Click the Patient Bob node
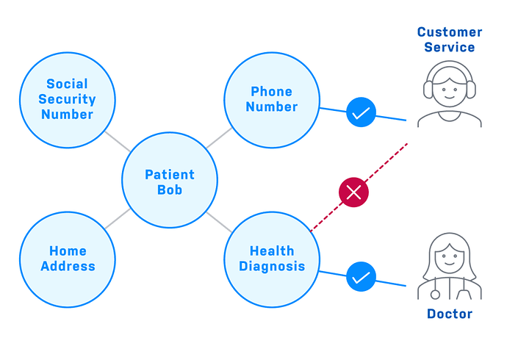coord(169,181)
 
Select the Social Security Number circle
coord(67,99)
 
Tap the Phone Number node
coord(271,99)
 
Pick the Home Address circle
coord(67,259)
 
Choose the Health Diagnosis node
coord(271,259)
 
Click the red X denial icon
coord(353,192)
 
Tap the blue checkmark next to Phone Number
coord(361,113)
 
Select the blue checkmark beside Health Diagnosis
coord(361,278)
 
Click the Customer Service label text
coord(449,40)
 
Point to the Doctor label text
coord(449,314)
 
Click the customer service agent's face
coord(449,90)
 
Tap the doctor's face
coord(449,259)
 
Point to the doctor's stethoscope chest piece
coord(436,294)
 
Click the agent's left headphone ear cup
coord(428,90)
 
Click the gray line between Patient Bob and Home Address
coord(117,218)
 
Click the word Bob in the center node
coord(169,190)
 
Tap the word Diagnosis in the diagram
coord(271,267)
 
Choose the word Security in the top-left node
coord(67,99)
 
